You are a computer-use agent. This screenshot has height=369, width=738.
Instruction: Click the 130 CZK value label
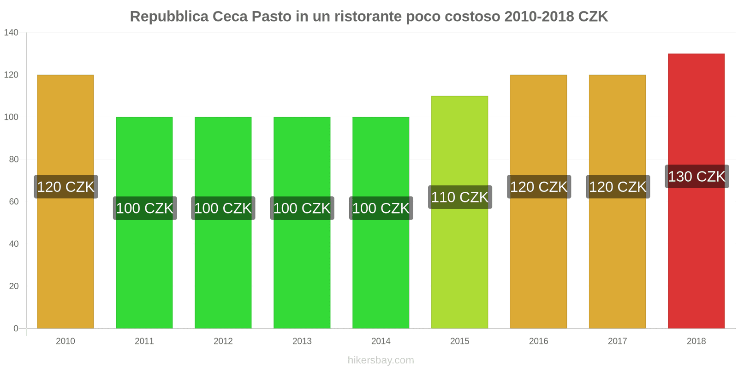click(696, 176)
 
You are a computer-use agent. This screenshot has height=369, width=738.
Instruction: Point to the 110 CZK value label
click(459, 197)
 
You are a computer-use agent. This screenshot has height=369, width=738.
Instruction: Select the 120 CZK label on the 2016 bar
click(539, 187)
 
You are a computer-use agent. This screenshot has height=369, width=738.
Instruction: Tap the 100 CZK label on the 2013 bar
click(302, 208)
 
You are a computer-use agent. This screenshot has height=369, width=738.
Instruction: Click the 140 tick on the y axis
click(11, 32)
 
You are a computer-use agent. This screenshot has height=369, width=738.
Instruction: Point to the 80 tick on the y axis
click(13, 159)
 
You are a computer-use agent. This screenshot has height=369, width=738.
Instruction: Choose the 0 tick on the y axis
click(16, 328)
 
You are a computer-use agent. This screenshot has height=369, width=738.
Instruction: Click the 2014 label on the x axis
click(381, 341)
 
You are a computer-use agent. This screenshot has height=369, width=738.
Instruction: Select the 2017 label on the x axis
click(617, 341)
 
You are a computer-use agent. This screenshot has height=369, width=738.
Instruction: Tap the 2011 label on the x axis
click(144, 341)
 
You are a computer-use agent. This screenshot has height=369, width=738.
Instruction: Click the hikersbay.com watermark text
click(381, 360)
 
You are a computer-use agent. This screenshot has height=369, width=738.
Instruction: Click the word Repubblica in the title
click(169, 17)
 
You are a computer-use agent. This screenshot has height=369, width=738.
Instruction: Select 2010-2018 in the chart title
click(539, 17)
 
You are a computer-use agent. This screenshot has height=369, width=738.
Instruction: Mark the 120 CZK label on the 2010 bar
click(65, 187)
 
